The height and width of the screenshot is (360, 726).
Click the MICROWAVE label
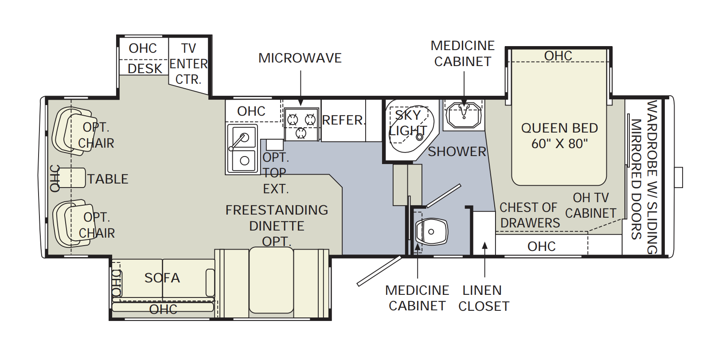pyautogui.click(x=300, y=58)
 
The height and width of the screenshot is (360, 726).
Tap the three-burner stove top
pyautogui.click(x=301, y=125)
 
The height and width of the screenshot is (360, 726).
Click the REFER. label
pyautogui.click(x=343, y=120)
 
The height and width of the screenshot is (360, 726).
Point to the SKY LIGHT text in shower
pyautogui.click(x=408, y=123)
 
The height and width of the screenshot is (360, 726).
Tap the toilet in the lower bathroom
pyautogui.click(x=430, y=231)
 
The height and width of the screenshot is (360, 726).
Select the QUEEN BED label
pyautogui.click(x=559, y=128)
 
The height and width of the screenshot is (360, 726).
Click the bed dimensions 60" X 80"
pyautogui.click(x=559, y=144)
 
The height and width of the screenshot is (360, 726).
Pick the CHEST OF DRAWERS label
pyautogui.click(x=529, y=215)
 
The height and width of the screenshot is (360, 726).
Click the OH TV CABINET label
pyautogui.click(x=591, y=205)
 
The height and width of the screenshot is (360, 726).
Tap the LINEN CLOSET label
pyautogui.click(x=483, y=298)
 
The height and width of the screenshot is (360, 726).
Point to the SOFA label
pyautogui.click(x=162, y=278)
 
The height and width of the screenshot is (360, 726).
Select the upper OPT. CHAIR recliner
pyautogui.click(x=71, y=131)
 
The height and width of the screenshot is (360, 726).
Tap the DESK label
pyautogui.click(x=144, y=69)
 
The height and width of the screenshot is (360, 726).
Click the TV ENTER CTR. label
pyautogui.click(x=188, y=64)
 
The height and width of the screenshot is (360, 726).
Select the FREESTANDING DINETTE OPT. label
pyautogui.click(x=277, y=226)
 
